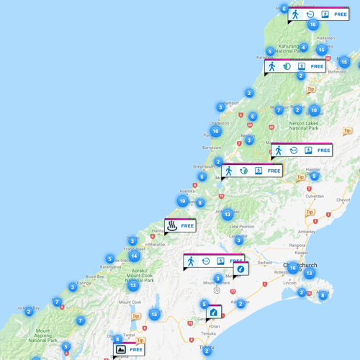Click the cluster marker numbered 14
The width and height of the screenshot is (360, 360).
click(x=134, y=256)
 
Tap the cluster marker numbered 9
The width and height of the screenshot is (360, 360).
click(x=314, y=176)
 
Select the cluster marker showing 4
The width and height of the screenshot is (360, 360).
click(x=304, y=48)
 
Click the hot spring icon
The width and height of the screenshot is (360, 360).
click(x=173, y=226)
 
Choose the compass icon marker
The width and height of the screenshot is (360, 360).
click(x=240, y=269)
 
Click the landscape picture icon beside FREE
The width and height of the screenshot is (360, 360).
click(x=121, y=350)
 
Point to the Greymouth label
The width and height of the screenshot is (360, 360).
click(x=204, y=166)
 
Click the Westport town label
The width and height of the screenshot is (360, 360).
click(x=230, y=103)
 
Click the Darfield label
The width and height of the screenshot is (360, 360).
click(x=265, y=264)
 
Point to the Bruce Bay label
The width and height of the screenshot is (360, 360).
click(x=94, y=276)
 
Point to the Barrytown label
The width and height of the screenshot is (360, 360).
click(x=211, y=147)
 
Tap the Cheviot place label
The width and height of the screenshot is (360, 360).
click(x=343, y=199)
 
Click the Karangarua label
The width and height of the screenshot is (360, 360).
click(x=110, y=267)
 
